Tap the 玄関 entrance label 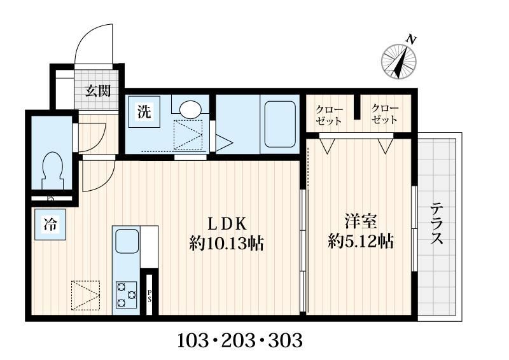[98, 91]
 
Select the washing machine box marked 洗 [144, 112]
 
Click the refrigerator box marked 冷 [50, 225]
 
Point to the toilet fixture [52, 171]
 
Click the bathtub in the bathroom [280, 124]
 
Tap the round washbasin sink [190, 110]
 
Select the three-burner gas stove [126, 294]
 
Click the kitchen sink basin [127, 242]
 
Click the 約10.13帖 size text [227, 243]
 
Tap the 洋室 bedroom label [361, 222]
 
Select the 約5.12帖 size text [361, 241]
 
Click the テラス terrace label [436, 223]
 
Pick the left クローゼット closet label [329, 115]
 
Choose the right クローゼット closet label [384, 114]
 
